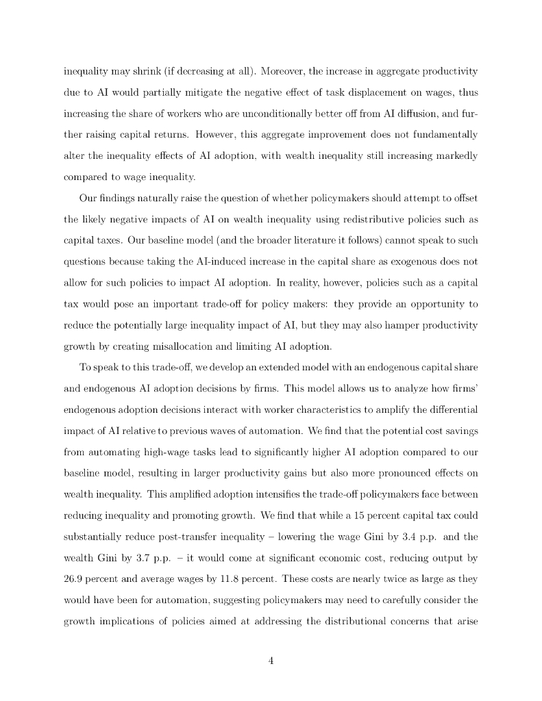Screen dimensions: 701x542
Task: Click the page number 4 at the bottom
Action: (x=271, y=661)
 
